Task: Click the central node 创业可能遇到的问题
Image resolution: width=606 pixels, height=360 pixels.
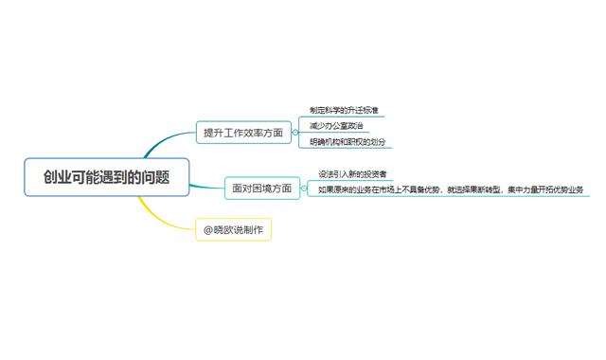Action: [x=106, y=177]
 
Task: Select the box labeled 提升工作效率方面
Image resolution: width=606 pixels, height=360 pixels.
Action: [x=243, y=134]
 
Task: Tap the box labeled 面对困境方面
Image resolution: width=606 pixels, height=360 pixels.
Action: [x=262, y=188]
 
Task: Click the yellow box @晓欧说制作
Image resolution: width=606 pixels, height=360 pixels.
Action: [x=233, y=230]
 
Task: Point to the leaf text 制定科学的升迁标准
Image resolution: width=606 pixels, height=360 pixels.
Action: [x=345, y=111]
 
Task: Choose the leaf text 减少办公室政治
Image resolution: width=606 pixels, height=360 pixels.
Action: [x=336, y=126]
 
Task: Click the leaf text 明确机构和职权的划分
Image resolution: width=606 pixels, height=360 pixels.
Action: [x=348, y=142]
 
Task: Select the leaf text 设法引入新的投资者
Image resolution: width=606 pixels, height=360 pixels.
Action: [x=352, y=174]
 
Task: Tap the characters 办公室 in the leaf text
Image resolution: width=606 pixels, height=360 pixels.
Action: [x=339, y=126]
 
